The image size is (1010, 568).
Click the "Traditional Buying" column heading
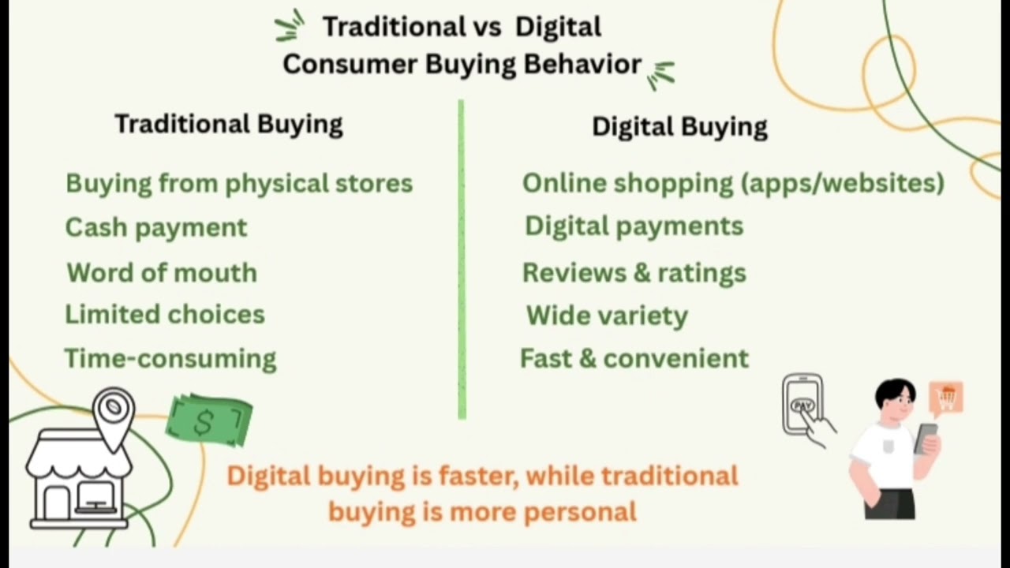point(229,125)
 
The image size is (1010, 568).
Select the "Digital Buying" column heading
point(679,127)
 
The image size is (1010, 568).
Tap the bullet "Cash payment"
point(156,228)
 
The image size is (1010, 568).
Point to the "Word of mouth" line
point(162,273)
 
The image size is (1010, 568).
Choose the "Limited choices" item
point(165,315)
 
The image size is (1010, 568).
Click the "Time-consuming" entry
point(170,359)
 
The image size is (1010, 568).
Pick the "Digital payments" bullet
point(634,226)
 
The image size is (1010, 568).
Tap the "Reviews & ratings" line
point(634,273)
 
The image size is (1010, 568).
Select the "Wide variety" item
point(607,316)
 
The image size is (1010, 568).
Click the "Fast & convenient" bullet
point(634,359)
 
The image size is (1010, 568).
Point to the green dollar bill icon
point(208,421)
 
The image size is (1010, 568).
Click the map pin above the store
point(114,411)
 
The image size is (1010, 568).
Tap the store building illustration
point(79,481)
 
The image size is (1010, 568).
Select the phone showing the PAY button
point(803,405)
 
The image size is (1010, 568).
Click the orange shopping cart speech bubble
point(946,398)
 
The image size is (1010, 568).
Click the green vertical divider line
point(462,260)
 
